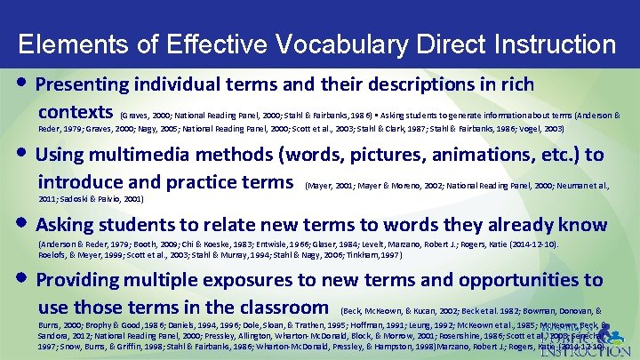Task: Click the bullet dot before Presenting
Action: tap(20, 84)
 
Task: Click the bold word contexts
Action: tap(74, 114)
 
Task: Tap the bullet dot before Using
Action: tap(20, 154)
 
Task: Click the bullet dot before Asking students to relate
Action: tap(20, 224)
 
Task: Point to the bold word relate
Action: tap(255, 225)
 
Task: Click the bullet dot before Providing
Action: tap(20, 279)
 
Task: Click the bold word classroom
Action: tap(277, 308)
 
